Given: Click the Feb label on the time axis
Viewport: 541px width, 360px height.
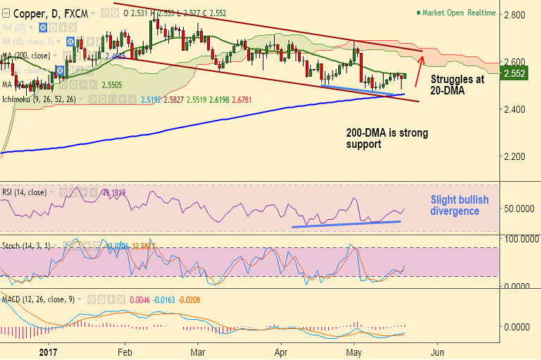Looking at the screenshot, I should (x=125, y=351).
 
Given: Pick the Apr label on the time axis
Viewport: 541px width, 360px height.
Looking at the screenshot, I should (x=281, y=351).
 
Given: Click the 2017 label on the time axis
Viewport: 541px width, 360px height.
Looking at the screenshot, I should (x=48, y=351).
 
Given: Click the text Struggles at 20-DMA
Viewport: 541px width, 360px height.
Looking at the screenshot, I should (x=456, y=85).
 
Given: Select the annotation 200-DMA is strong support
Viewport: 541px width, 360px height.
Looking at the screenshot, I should (x=387, y=138).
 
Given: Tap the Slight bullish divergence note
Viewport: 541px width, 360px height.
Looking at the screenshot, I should (x=459, y=205).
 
